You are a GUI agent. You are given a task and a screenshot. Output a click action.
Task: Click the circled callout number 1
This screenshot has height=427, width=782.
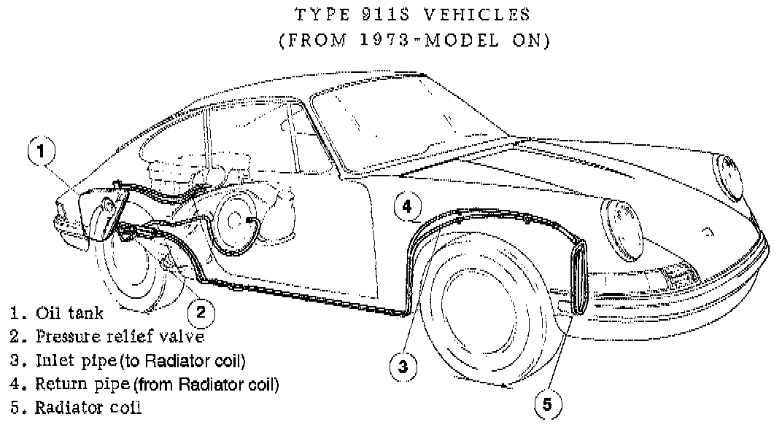(x=42, y=152)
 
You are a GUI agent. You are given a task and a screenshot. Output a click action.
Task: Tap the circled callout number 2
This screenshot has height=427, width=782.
(x=201, y=313)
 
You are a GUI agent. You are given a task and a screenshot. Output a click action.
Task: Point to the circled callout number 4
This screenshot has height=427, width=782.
(x=407, y=208)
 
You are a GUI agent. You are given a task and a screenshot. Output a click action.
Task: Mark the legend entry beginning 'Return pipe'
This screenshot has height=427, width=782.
(x=156, y=383)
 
